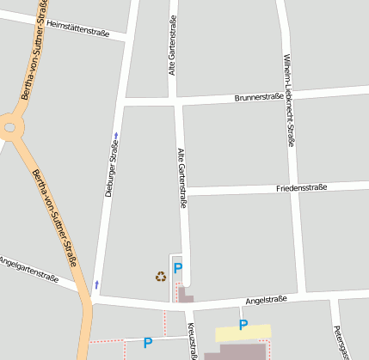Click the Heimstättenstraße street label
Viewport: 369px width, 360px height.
click(78, 29)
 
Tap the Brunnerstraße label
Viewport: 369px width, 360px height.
click(259, 97)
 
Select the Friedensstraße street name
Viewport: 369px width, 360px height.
click(301, 187)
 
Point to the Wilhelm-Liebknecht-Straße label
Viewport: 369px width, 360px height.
click(288, 101)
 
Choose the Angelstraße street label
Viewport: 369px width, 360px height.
click(266, 300)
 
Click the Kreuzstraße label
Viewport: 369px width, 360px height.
click(191, 342)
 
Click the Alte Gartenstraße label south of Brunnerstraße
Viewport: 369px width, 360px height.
click(181, 177)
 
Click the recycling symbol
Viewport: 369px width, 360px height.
click(160, 276)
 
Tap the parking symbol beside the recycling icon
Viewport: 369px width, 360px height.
click(178, 268)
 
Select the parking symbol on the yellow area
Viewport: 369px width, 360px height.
click(243, 325)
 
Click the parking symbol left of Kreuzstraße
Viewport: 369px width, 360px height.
click(147, 342)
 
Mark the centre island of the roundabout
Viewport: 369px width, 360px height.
click(9, 128)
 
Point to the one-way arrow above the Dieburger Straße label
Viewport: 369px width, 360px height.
click(116, 135)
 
